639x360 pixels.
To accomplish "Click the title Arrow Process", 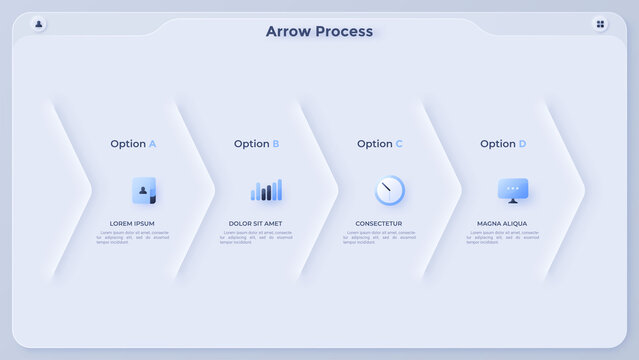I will coord(319,31).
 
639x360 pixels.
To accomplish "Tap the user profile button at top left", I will coord(39,23).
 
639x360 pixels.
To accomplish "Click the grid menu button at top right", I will coord(600,23).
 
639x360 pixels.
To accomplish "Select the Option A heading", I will coord(133,144).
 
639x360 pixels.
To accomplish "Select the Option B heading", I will coord(256,144).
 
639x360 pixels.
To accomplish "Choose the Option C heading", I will coord(380,144).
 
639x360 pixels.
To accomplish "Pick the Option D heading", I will coord(503,144).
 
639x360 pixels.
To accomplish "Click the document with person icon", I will coord(144,190).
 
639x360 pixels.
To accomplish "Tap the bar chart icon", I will coord(266,190).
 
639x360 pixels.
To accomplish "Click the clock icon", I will coord(389,190).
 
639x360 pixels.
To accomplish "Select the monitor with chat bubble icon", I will coord(513,190).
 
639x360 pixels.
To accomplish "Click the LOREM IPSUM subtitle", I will coord(132,223).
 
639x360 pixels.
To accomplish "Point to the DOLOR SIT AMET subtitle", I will coord(256,223).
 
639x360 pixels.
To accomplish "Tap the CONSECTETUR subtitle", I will coord(379,223).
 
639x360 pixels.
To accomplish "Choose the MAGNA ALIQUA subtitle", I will coord(502,223).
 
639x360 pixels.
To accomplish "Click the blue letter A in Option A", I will coord(152,144).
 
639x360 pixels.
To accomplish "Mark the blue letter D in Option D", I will coord(522,144).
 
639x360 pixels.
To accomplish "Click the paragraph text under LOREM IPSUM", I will coord(132,237).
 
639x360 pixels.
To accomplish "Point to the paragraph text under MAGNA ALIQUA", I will coord(502,237).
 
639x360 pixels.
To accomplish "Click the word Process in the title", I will coord(344,31).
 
